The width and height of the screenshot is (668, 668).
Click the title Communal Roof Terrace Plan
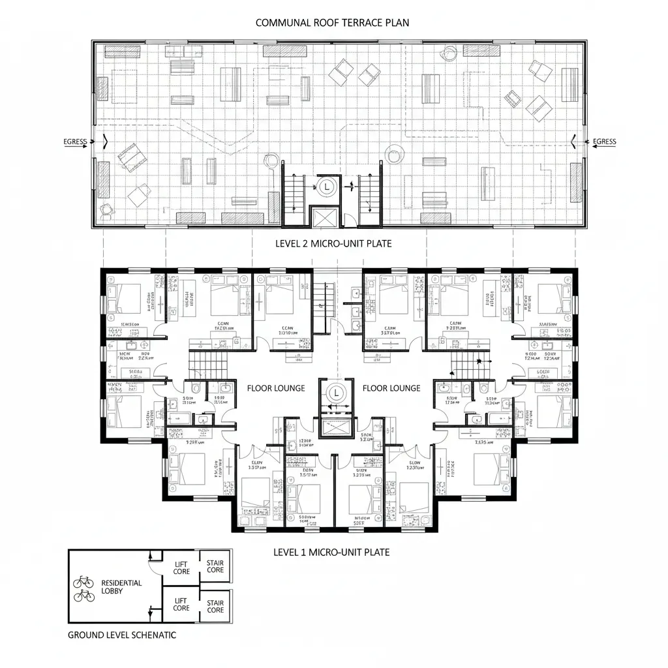[332, 22]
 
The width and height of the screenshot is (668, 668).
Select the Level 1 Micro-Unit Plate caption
[331, 552]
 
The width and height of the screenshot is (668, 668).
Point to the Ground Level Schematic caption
[122, 635]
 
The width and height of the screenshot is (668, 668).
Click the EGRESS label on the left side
[75, 142]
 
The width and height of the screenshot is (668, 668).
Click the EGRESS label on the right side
[604, 142]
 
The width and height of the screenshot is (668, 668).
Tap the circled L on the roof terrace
[326, 186]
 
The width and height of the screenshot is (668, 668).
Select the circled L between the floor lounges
[337, 393]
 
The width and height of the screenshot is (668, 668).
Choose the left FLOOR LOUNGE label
[275, 388]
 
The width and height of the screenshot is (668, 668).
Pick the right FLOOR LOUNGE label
[391, 388]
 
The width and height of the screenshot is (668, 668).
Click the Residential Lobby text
[121, 586]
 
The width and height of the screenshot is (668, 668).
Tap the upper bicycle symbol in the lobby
[84, 581]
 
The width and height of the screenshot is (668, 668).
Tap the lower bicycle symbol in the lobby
[84, 596]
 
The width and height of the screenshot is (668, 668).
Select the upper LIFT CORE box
[181, 568]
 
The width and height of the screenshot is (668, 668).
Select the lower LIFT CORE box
[181, 604]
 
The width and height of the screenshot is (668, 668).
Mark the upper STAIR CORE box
[215, 566]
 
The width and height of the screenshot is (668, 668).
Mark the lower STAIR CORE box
[215, 606]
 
